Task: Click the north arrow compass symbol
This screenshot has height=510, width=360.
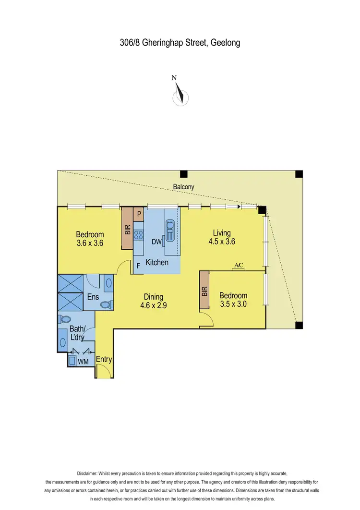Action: (x=180, y=94)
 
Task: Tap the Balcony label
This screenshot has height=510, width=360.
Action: (x=184, y=186)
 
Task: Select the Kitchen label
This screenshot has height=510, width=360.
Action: (x=157, y=262)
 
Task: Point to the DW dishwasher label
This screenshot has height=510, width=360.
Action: (x=156, y=242)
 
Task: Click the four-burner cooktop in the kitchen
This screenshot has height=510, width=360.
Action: (x=139, y=235)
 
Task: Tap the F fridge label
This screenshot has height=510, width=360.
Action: (x=138, y=265)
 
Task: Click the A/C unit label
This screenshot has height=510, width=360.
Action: (x=238, y=266)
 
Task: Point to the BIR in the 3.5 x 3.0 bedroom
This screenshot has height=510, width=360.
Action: (x=204, y=290)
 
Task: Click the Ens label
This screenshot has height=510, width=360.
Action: (x=93, y=297)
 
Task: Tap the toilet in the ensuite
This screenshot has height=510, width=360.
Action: (x=109, y=304)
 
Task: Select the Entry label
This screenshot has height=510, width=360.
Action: (x=104, y=359)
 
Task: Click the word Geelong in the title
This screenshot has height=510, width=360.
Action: (x=225, y=43)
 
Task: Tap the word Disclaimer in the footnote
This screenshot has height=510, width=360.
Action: (x=89, y=474)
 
